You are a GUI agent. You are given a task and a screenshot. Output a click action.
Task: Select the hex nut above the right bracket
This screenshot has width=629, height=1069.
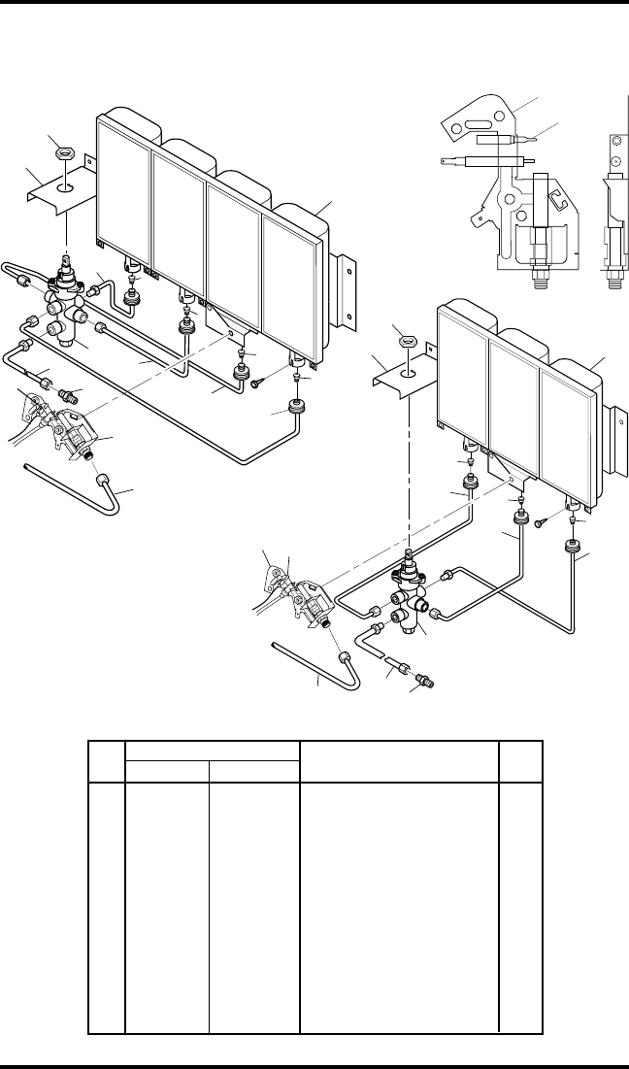(409, 341)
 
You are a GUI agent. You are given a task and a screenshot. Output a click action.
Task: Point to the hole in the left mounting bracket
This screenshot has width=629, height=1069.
(64, 184)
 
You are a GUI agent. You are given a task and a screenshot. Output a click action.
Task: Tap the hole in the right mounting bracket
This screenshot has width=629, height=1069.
(409, 370)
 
